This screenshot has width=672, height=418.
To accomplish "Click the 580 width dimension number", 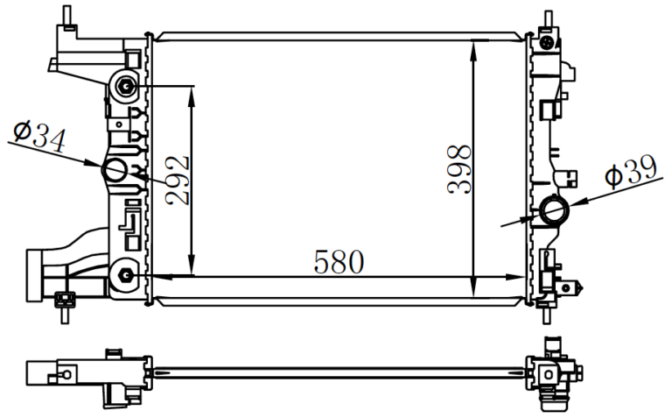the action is (339, 261).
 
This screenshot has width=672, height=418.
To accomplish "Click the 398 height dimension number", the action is (459, 169).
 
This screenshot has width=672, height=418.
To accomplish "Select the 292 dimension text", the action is (178, 181).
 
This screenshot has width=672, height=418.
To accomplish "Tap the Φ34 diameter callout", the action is (39, 136).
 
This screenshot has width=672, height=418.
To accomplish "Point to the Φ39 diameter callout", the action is (631, 171).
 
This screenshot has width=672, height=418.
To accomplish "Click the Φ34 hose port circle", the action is (115, 170).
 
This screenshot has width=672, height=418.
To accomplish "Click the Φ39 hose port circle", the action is (555, 210).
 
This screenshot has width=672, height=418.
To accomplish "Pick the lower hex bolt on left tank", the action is (125, 274).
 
